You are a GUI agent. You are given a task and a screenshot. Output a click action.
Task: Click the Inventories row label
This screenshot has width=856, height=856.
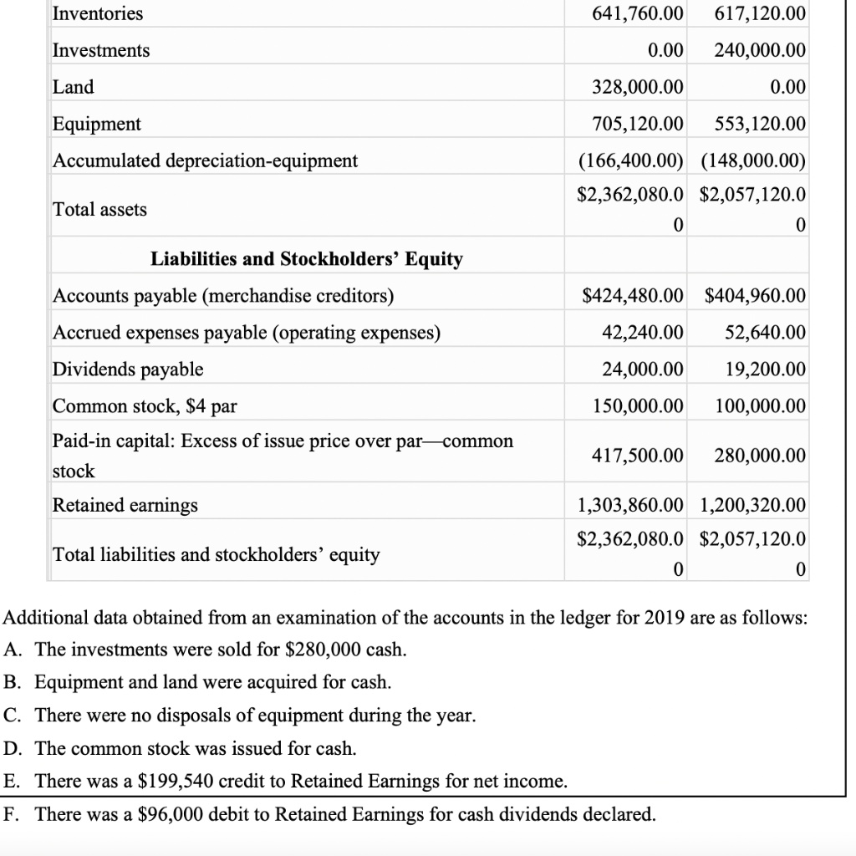point(98,14)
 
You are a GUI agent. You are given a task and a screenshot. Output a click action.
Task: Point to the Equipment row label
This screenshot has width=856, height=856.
point(97,125)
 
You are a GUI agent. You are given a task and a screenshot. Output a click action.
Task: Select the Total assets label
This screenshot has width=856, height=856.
point(99,210)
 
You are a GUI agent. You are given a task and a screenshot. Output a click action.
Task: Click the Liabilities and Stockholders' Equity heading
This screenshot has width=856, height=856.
point(306,259)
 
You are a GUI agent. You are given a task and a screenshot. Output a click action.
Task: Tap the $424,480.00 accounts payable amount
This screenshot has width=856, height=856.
point(632,296)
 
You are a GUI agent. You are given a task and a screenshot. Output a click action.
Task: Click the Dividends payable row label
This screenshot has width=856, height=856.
point(128,369)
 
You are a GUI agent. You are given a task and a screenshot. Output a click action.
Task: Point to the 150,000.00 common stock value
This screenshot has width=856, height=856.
point(637,406)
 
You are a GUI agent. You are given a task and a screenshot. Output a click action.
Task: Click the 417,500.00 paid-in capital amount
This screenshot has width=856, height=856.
point(637,456)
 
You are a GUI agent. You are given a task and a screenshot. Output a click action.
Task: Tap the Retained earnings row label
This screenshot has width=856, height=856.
point(125,505)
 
